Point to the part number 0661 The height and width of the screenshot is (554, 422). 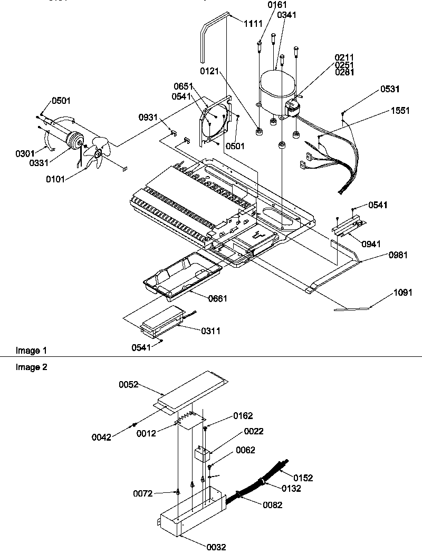[203, 298]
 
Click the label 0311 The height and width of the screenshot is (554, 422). [210, 331]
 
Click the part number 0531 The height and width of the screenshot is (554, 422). [390, 90]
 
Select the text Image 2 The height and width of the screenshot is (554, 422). [31, 367]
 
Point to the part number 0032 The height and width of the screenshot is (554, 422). [216, 547]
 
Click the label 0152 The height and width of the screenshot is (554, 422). [303, 478]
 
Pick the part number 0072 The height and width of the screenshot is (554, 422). [143, 493]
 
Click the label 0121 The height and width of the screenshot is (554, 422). [210, 70]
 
